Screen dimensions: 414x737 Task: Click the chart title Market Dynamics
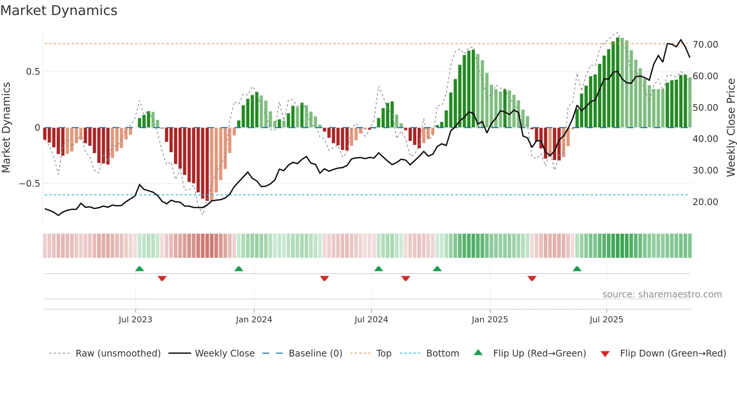(59, 11)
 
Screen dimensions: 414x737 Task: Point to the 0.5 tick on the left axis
(33, 72)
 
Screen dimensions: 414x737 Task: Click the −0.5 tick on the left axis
(30, 184)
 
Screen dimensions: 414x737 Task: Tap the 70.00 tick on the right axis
(705, 45)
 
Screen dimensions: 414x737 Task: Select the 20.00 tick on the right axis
(705, 202)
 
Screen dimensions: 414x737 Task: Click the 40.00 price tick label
(705, 139)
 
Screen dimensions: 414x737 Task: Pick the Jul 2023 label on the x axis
(135, 320)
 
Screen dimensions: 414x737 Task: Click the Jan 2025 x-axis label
(490, 320)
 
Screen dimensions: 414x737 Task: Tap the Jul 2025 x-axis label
(606, 320)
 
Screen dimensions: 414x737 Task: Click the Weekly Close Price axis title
(731, 128)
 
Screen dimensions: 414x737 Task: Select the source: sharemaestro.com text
(662, 295)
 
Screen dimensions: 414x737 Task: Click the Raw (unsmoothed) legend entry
(118, 354)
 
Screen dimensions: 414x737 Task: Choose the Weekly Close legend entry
(224, 354)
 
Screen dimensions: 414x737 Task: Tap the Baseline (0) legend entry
(315, 354)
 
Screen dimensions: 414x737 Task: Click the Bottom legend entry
(442, 354)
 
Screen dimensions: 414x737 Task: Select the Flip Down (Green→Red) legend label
(673, 354)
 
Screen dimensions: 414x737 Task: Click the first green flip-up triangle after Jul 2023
(140, 269)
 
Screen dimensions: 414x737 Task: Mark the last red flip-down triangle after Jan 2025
(532, 278)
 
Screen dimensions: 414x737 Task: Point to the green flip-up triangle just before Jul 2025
(577, 269)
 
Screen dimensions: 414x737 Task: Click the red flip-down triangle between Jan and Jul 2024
(325, 278)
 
